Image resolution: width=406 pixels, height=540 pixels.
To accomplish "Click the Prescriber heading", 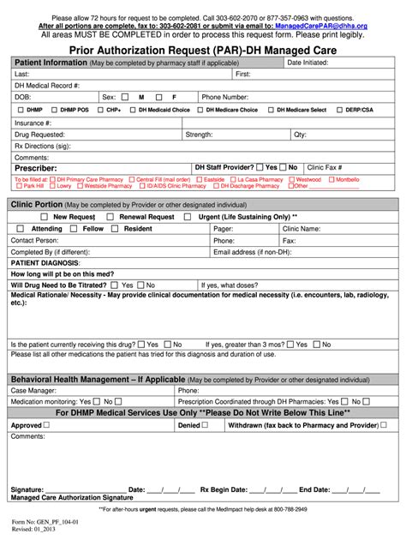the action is click(x=36, y=168).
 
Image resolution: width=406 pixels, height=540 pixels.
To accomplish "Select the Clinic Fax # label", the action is click(x=325, y=168).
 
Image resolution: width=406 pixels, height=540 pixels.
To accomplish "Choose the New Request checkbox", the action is click(x=43, y=218).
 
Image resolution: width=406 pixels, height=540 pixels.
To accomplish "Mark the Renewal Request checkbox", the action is click(x=111, y=218).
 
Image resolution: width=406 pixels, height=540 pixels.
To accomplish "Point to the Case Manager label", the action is click(x=33, y=390).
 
